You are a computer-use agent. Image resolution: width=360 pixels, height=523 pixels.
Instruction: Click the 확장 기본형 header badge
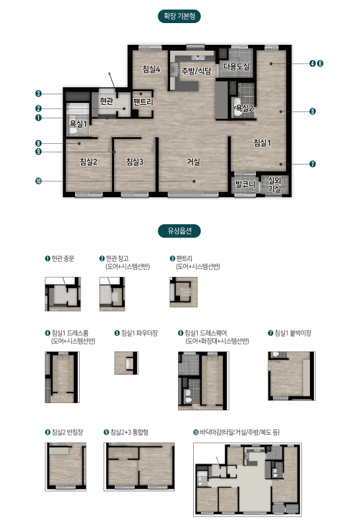coord(179,16)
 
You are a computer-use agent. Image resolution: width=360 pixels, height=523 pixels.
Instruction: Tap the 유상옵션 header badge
coord(179,230)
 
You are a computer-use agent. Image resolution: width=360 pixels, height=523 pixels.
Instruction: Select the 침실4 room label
coord(152,69)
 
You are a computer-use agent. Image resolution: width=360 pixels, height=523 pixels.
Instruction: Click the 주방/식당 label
coord(196,71)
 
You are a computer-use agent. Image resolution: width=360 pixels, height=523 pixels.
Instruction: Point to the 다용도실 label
coord(237,66)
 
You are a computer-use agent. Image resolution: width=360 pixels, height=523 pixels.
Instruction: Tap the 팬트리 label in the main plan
coord(143,102)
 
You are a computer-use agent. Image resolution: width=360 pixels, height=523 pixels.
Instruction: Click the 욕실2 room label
coord(245,108)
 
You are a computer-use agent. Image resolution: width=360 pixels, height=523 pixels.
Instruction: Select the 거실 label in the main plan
coord(193,162)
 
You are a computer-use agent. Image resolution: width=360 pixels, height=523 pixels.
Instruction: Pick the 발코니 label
coord(245,184)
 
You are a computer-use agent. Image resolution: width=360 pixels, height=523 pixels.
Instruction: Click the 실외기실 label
coord(275,185)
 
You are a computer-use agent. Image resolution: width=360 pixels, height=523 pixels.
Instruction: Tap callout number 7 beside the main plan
coord(313,164)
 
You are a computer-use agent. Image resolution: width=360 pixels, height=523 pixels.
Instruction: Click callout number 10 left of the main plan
coord(38,181)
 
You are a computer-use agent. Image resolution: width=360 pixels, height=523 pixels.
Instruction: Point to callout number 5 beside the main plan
coord(313,111)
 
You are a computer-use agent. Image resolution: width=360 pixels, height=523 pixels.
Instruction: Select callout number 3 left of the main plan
coord(38,94)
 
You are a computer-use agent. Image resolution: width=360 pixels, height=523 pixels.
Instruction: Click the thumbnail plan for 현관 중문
coord(63,294)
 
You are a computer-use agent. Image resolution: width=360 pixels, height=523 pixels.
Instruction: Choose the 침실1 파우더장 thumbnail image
coord(127,363)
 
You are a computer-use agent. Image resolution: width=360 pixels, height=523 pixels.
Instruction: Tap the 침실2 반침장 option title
coord(64,432)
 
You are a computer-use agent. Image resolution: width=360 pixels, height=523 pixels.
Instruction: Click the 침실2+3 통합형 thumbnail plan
coord(139,467)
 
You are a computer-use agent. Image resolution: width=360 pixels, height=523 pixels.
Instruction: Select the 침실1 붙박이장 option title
coord(289,333)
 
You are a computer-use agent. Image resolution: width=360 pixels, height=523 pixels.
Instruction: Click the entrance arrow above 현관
coord(112,80)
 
